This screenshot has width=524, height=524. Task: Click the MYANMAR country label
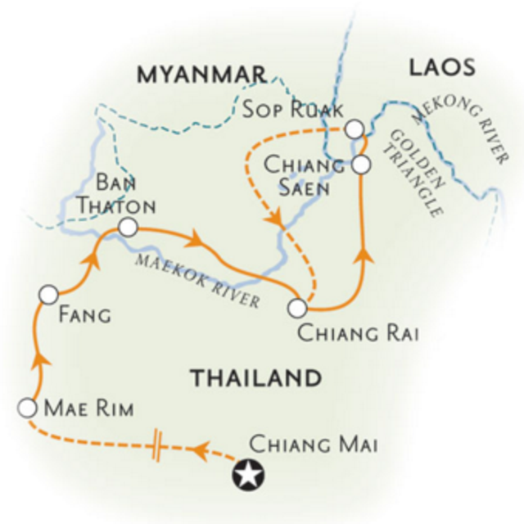pos(201,75)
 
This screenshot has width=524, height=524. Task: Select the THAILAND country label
pos(255,378)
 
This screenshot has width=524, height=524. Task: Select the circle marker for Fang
pos(48,293)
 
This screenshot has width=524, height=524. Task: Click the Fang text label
pos(86,314)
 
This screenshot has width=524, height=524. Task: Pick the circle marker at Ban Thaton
pos(127,228)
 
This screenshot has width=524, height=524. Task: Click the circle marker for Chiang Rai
pos(298,309)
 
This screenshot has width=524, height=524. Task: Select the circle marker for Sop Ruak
pos(353,129)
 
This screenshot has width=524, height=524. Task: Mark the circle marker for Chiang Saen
pos(361,165)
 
